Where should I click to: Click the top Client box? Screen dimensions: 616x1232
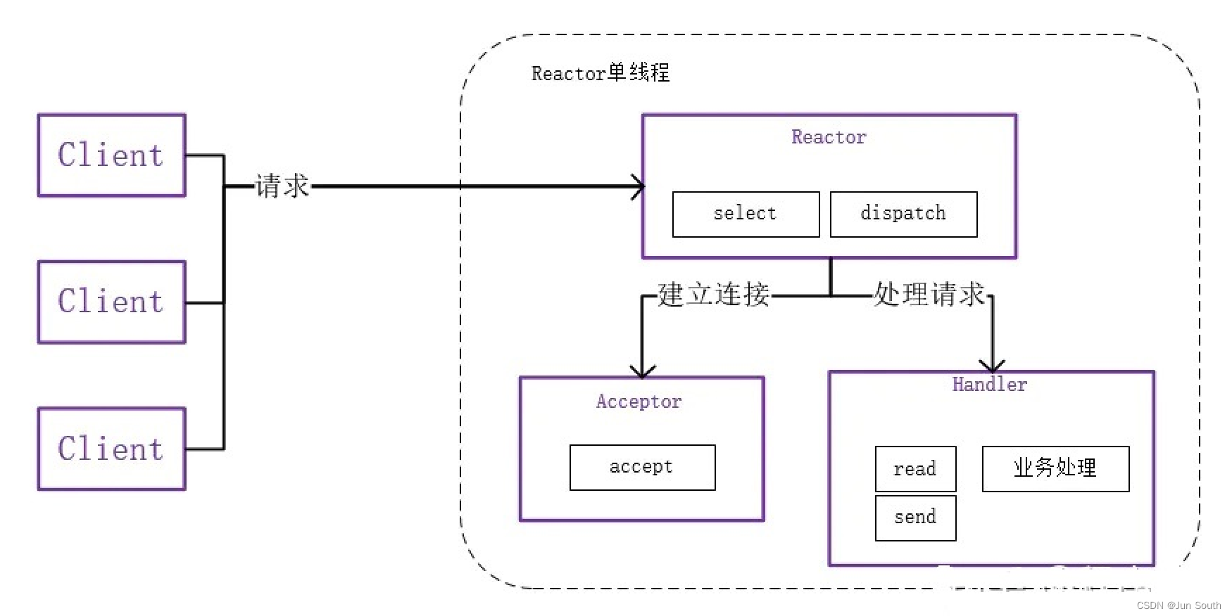click(x=111, y=155)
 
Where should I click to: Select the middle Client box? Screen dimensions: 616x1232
click(x=111, y=302)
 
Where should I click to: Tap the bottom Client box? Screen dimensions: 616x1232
click(x=111, y=449)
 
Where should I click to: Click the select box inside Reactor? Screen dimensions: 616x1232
click(x=746, y=214)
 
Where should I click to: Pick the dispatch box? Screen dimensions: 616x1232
click(x=903, y=214)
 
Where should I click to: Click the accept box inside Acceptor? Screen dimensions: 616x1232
click(x=642, y=467)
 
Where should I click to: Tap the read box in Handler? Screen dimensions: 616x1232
click(x=915, y=468)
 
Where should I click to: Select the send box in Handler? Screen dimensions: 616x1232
click(x=915, y=518)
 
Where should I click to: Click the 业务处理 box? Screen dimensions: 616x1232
click(x=1055, y=468)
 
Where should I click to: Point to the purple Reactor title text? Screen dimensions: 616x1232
click(x=829, y=137)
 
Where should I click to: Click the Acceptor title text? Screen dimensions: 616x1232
click(x=639, y=402)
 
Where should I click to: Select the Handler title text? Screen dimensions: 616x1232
click(x=989, y=385)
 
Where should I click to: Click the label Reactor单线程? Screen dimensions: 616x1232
click(x=600, y=73)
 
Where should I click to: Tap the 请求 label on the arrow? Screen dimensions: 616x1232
click(x=282, y=186)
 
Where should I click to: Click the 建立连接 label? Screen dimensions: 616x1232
click(x=713, y=295)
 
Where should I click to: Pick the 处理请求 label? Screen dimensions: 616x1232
click(x=929, y=295)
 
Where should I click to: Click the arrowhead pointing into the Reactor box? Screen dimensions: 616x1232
click(x=638, y=187)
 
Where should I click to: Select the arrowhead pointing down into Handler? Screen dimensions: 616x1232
click(x=992, y=365)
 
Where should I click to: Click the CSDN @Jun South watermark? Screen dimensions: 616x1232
click(x=1178, y=605)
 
